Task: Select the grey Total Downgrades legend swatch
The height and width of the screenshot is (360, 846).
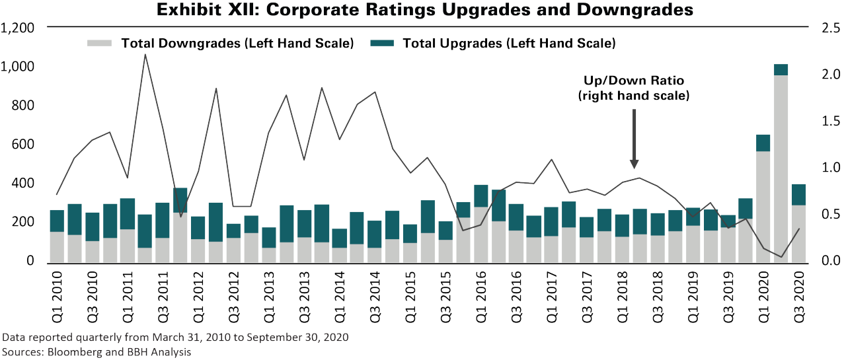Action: [100, 44]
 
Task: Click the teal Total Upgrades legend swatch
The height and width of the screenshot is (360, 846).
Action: [382, 44]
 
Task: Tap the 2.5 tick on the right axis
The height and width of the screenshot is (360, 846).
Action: [829, 28]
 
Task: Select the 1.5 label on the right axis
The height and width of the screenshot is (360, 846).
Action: [829, 121]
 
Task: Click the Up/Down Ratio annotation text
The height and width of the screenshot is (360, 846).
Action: [633, 88]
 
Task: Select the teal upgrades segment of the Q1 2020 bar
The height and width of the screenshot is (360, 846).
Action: [763, 143]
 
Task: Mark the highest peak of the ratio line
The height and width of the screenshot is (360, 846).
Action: [145, 54]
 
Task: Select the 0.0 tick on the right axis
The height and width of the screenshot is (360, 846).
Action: [829, 261]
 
